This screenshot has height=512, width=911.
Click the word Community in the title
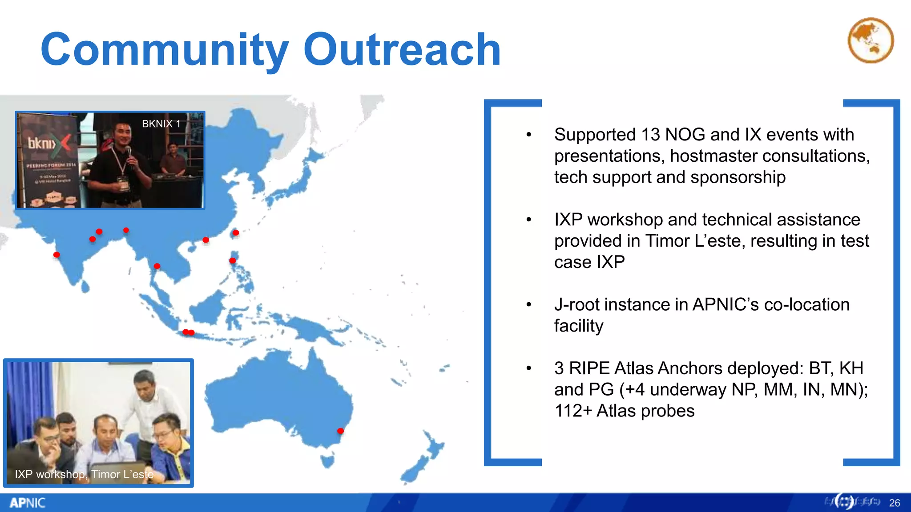click(165, 50)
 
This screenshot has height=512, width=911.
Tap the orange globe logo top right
click(871, 40)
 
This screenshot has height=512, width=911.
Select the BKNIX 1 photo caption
click(161, 124)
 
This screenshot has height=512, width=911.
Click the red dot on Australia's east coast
click(340, 431)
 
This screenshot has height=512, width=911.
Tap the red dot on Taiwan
click(236, 233)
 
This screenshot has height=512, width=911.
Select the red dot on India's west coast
click(56, 255)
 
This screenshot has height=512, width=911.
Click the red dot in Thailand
click(157, 266)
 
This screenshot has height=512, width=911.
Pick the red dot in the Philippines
click(233, 260)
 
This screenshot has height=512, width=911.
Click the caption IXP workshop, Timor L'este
click(84, 474)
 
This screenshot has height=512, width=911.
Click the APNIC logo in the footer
click(27, 503)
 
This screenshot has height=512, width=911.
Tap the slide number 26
click(894, 503)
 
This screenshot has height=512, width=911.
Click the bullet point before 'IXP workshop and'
click(528, 220)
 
